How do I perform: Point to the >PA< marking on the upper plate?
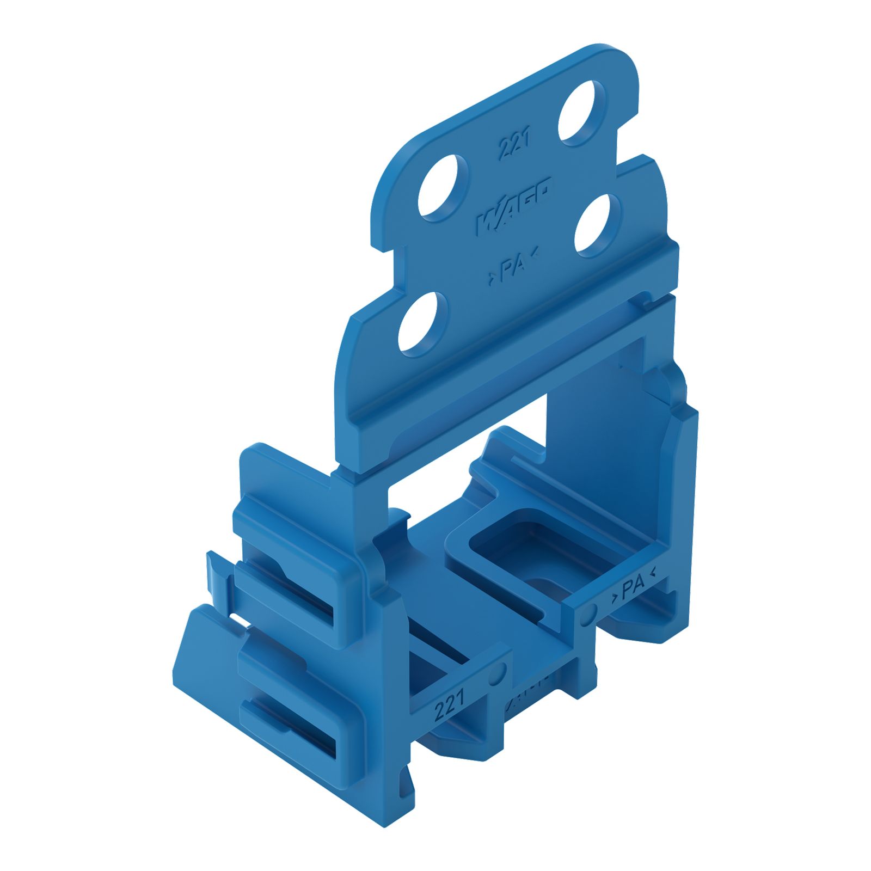point(512,267)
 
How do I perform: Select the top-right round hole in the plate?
point(581,112)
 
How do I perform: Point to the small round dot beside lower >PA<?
point(589,614)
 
